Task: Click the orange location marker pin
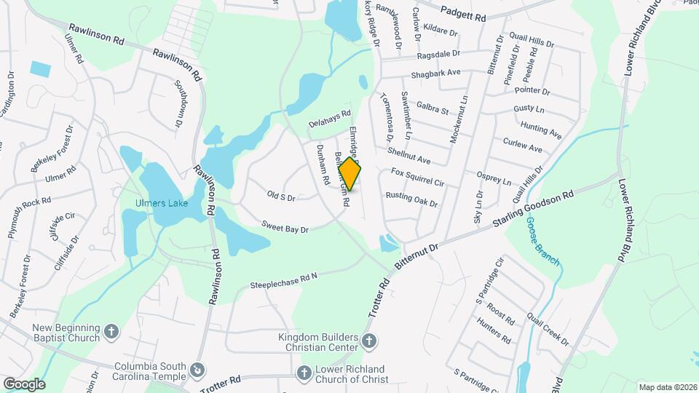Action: tap(349, 174)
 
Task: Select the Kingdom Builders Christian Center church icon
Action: tap(370, 341)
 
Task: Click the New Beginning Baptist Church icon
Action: tap(111, 331)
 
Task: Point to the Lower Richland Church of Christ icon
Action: tap(305, 373)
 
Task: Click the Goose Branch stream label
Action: tap(542, 241)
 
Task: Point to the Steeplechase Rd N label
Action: tap(285, 280)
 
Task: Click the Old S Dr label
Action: tap(281, 196)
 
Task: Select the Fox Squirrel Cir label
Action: tap(417, 177)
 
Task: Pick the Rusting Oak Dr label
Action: tap(411, 199)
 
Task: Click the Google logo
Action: tap(23, 384)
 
